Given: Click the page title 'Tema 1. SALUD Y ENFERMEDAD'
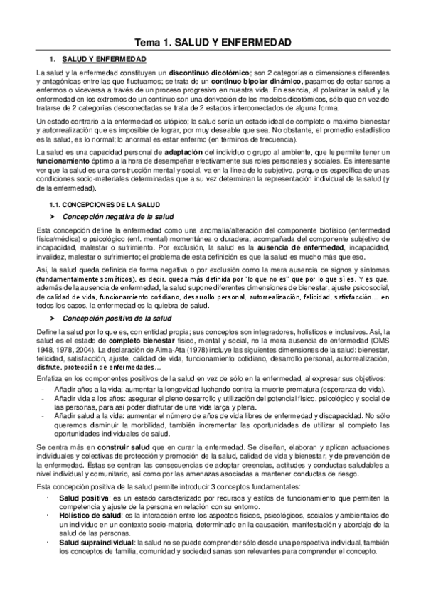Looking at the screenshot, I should coord(213,43).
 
